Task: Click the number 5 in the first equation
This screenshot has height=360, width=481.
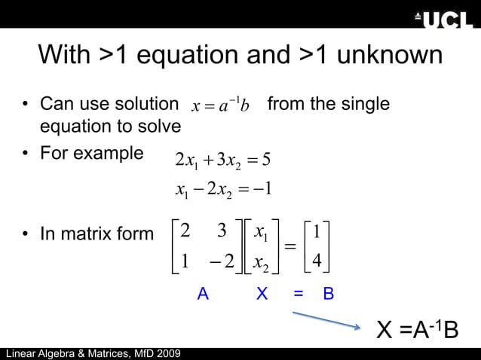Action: point(266,160)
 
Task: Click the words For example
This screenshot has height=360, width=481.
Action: point(91,154)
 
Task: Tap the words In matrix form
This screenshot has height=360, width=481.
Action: point(97,234)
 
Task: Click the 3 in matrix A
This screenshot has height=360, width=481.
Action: point(222,231)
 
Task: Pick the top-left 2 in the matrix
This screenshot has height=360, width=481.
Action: point(185,231)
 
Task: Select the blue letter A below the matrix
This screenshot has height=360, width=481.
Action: point(202,294)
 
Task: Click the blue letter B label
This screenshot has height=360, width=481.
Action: point(328,294)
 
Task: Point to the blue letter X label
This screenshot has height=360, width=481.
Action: point(262,294)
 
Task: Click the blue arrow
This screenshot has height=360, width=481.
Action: point(326,320)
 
